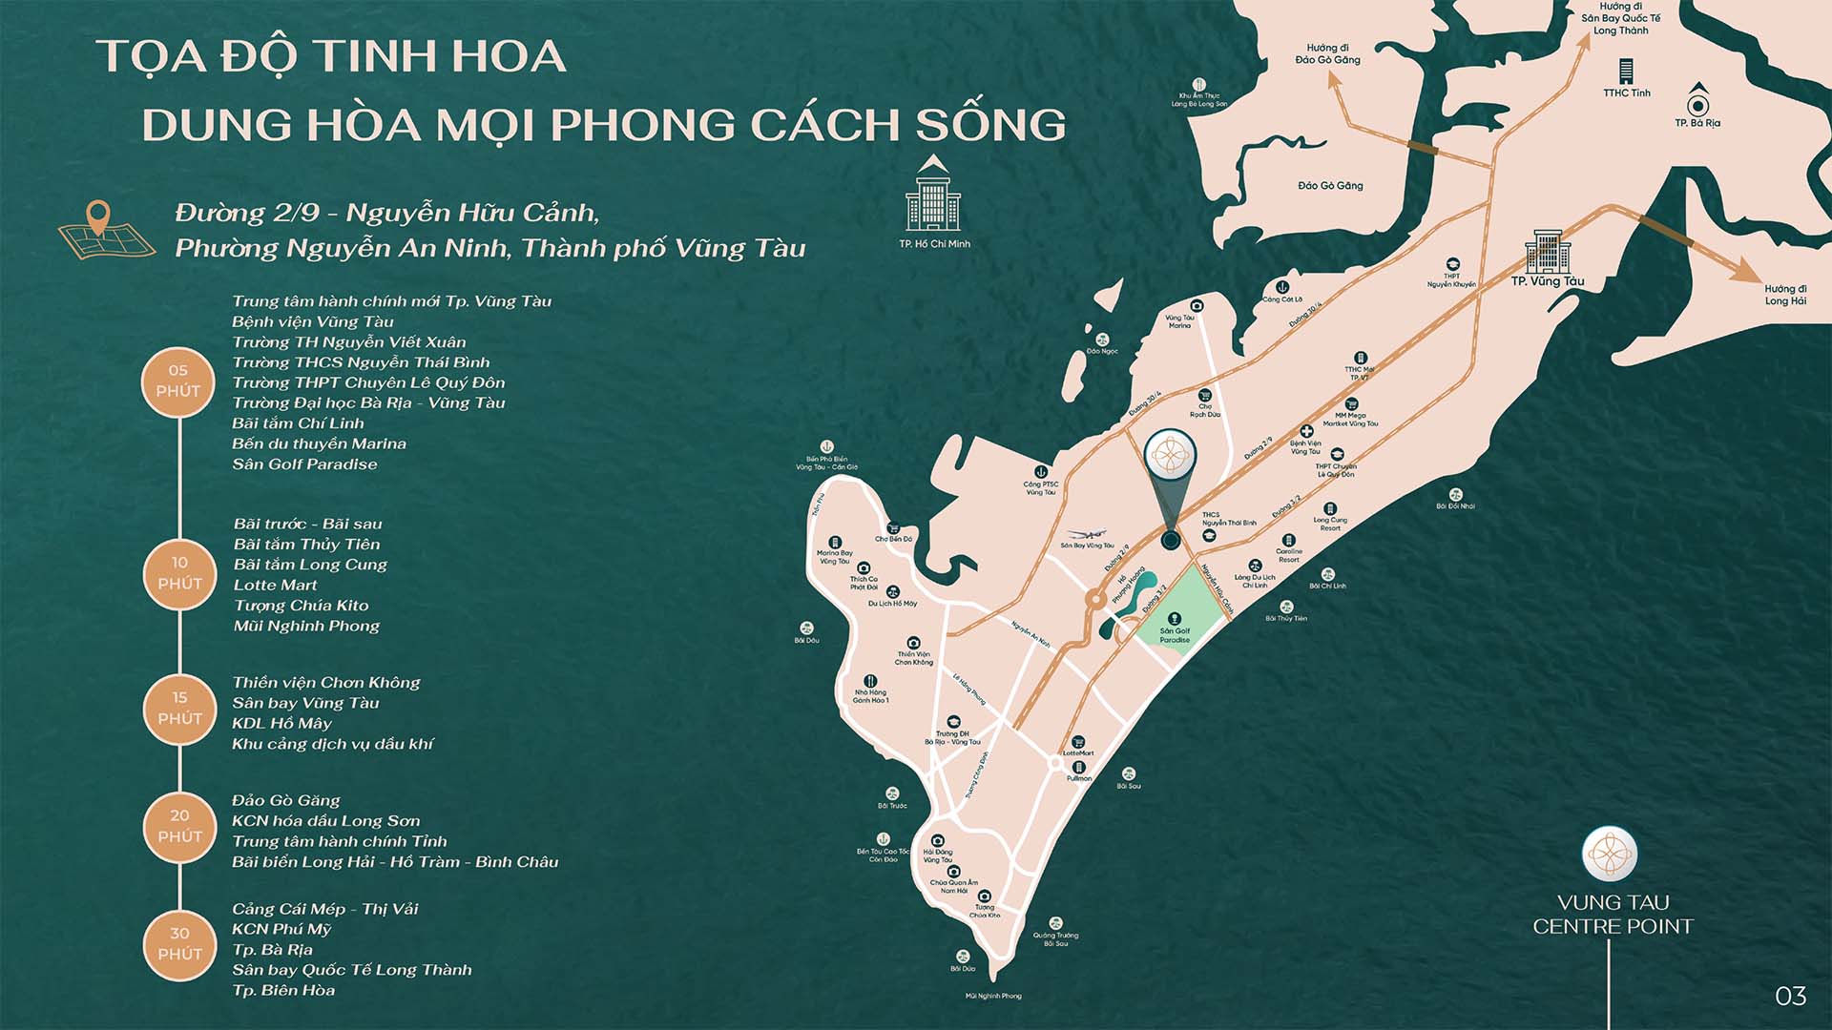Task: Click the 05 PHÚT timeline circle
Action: (x=179, y=381)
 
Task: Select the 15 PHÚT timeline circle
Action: (x=179, y=709)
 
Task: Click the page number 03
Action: (x=1790, y=997)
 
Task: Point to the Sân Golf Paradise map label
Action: (x=1175, y=635)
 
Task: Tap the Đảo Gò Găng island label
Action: (x=1330, y=186)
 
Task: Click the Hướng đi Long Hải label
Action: (x=1784, y=295)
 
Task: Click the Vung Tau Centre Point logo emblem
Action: (x=1609, y=853)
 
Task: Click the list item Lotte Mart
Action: (x=276, y=586)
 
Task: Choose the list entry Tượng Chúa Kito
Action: (x=301, y=606)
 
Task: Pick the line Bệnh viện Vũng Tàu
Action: (x=313, y=322)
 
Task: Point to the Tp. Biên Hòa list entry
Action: (x=283, y=991)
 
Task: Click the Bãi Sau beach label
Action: (x=1129, y=786)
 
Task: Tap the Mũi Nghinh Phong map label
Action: (x=992, y=996)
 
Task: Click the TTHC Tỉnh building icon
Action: (x=1626, y=72)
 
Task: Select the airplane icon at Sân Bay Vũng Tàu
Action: (x=1085, y=534)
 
